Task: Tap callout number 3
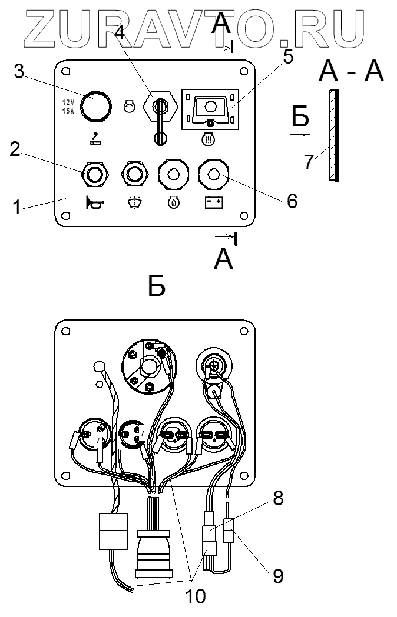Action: point(19,72)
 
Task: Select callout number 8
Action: point(278,499)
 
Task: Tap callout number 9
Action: point(277,576)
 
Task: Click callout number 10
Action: point(196,596)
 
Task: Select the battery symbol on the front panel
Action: point(213,203)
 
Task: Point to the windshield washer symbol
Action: point(134,203)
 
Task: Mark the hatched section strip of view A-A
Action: point(333,135)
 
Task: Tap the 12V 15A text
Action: point(68,106)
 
